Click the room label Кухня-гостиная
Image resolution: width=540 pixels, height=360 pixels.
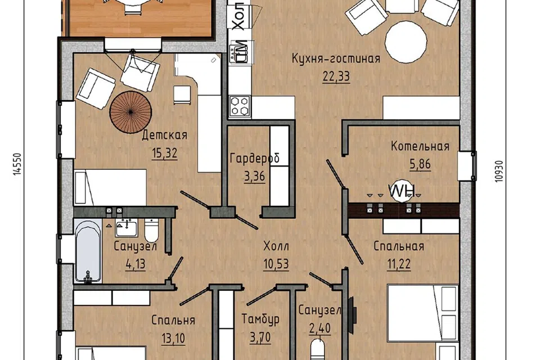pyautogui.click(x=336, y=58)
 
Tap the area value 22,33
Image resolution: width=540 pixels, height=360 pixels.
pyautogui.click(x=336, y=76)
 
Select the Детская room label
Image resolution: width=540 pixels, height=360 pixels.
pyautogui.click(x=165, y=134)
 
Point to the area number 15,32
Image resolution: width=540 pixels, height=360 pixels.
pyautogui.click(x=165, y=152)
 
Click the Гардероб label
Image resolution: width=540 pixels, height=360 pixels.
pyautogui.click(x=254, y=158)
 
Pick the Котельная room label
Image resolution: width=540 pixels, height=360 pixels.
pyautogui.click(x=420, y=146)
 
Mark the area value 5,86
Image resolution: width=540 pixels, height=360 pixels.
pyautogui.click(x=420, y=164)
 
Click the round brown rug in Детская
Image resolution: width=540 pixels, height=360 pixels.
pyautogui.click(x=131, y=111)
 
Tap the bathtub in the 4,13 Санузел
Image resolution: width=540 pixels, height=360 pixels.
pyautogui.click(x=88, y=251)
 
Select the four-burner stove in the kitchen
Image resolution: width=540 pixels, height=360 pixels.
pyautogui.click(x=240, y=106)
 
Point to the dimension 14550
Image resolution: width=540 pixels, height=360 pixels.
pyautogui.click(x=17, y=164)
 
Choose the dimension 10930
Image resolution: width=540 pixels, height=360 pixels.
pyautogui.click(x=500, y=171)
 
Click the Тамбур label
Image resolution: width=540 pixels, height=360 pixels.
pyautogui.click(x=260, y=319)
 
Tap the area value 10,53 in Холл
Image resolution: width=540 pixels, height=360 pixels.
pyautogui.click(x=276, y=264)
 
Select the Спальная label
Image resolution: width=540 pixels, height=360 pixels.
pyautogui.click(x=399, y=246)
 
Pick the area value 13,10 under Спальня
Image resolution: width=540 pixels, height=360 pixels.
pyautogui.click(x=173, y=338)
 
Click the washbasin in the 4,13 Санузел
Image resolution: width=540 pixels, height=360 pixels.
pyautogui.click(x=127, y=228)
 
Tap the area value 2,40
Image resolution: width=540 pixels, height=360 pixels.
pyautogui.click(x=320, y=328)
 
